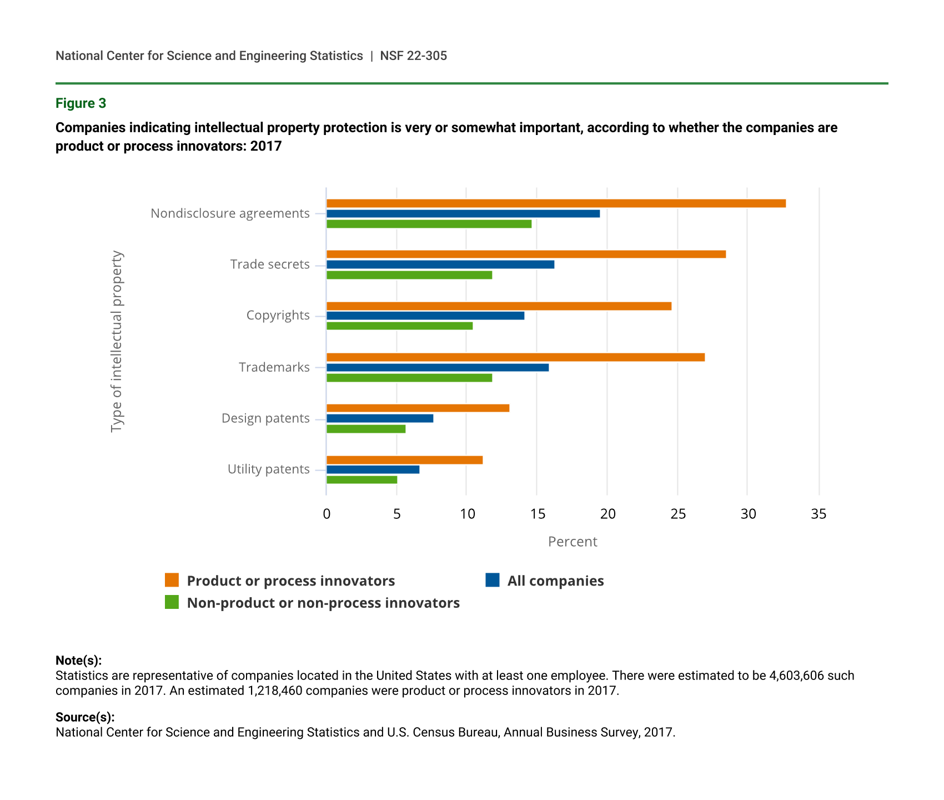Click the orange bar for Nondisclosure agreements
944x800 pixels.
pyautogui.click(x=556, y=203)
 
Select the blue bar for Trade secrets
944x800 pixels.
pyautogui.click(x=440, y=264)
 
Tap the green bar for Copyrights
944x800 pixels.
pyautogui.click(x=399, y=326)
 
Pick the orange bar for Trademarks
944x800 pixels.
pyautogui.click(x=515, y=357)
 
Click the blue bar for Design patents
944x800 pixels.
pyautogui.click(x=380, y=418)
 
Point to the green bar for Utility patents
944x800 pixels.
pyautogui.click(x=361, y=480)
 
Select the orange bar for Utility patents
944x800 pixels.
pyautogui.click(x=404, y=460)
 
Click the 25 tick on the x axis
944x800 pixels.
pyautogui.click(x=678, y=514)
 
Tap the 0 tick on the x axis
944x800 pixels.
pyautogui.click(x=327, y=514)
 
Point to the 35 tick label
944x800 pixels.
pyautogui.click(x=819, y=514)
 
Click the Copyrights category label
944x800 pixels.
pyautogui.click(x=278, y=316)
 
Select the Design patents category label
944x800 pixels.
pyautogui.click(x=265, y=418)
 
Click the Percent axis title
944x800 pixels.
pyautogui.click(x=573, y=542)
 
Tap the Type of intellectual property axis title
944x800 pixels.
pyautogui.click(x=117, y=341)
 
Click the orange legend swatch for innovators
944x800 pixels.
pyautogui.click(x=172, y=581)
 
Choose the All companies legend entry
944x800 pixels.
pyautogui.click(x=555, y=581)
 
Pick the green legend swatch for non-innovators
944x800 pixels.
pyautogui.click(x=172, y=602)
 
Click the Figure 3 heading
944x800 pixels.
pyautogui.click(x=81, y=103)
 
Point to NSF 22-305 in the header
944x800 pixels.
pyautogui.click(x=413, y=56)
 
